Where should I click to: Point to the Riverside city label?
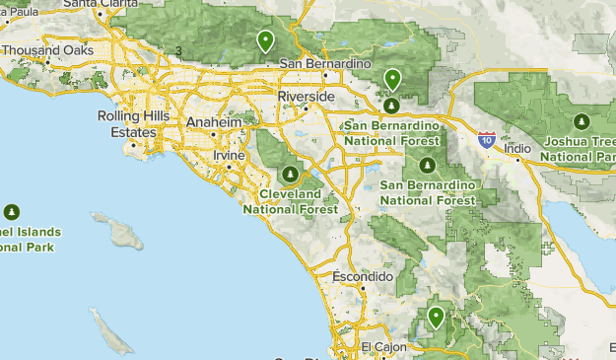[x=307, y=98]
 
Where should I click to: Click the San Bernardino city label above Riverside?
[x=325, y=65]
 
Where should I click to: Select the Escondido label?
[x=363, y=277]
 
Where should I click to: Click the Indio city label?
[x=517, y=149]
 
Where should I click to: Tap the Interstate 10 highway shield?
[x=487, y=139]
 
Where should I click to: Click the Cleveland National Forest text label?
[x=290, y=201]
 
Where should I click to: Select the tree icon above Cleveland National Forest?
[x=290, y=175]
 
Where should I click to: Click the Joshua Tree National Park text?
[x=581, y=148]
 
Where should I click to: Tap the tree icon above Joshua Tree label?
[x=582, y=122]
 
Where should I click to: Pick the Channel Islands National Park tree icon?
[x=13, y=211]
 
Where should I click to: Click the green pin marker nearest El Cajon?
[x=435, y=318]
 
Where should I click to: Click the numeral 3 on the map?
[x=178, y=51]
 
